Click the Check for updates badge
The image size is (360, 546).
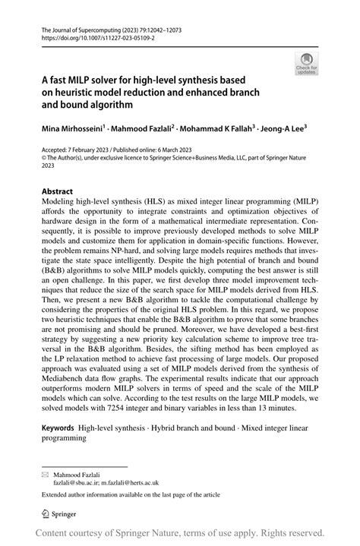307,62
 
